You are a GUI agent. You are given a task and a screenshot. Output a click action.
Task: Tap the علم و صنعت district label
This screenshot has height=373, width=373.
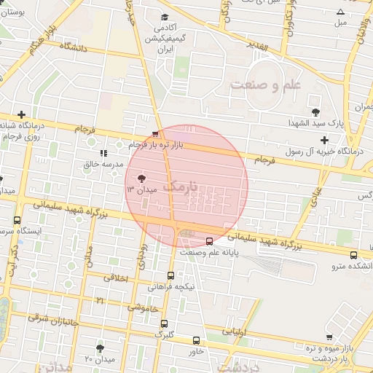(x=265, y=86)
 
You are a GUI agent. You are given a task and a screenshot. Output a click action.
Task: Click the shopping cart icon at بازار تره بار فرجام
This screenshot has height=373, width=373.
(x=154, y=134)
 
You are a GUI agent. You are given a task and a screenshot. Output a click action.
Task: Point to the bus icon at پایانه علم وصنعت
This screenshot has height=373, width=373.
(x=210, y=240)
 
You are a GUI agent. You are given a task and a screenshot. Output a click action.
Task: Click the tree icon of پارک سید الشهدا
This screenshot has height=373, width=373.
(x=315, y=111)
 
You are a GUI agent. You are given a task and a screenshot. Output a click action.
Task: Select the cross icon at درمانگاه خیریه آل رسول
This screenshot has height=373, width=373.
(x=324, y=139)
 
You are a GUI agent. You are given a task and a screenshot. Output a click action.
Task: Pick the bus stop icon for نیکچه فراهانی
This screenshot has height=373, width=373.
(x=170, y=275)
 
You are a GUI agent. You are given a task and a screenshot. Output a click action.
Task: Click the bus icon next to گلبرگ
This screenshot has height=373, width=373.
(x=164, y=323)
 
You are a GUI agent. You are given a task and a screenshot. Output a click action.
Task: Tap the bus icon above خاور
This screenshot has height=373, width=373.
(x=196, y=340)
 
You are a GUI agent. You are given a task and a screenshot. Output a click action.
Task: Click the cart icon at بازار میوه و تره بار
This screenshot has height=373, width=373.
(x=329, y=337)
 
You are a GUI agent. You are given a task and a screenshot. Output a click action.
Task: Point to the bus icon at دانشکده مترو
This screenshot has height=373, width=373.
(x=353, y=255)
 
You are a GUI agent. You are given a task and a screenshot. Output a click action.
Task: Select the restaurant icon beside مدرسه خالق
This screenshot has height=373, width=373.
(x=103, y=154)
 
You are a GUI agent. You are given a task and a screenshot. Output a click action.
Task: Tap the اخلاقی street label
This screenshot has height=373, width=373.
(x=114, y=278)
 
